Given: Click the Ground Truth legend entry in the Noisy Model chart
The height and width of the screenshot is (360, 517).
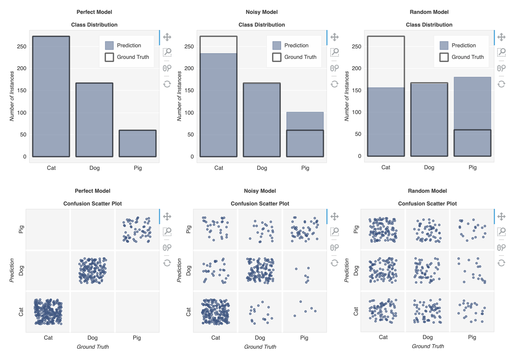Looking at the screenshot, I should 294,57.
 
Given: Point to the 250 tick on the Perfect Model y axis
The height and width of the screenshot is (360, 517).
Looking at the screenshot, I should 22,46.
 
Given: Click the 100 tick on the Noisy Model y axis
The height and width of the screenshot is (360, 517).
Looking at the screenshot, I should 189,113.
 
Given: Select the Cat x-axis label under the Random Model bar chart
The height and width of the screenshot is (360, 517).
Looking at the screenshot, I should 385,167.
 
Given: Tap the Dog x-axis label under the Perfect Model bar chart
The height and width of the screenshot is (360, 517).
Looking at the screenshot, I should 94,168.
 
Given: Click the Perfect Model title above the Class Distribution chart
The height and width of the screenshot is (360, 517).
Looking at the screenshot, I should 94,12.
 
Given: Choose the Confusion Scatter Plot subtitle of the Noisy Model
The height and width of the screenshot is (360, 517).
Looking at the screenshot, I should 260,203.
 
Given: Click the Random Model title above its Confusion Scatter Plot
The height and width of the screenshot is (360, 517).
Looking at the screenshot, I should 427,191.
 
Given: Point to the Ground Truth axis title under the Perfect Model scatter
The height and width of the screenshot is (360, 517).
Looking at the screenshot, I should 93,347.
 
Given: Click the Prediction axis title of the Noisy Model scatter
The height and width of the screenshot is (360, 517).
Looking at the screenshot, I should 179,270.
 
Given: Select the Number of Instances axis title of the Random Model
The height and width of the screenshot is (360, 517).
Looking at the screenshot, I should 346,96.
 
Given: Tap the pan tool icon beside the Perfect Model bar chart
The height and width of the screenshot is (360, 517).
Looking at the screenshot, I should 167,37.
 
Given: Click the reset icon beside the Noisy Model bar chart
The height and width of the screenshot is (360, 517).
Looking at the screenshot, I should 335,84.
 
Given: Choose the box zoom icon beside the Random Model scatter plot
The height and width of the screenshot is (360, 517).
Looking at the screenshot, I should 501,232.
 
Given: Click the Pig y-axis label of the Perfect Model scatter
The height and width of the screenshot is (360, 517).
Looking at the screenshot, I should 21,229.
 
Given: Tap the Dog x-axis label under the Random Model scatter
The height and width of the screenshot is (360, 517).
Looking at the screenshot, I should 427,337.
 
